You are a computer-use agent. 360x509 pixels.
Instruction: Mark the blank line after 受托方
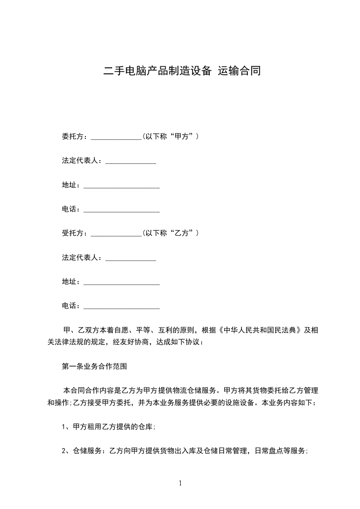[117, 235]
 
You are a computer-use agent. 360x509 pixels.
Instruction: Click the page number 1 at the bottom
[180, 484]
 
